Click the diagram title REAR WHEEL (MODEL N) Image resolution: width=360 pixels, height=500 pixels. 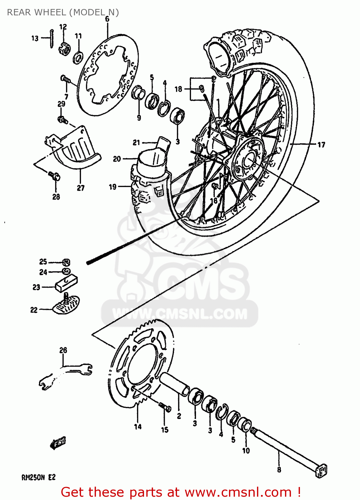pyautogui.click(x=63, y=12)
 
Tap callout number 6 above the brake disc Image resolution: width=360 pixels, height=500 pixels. pyautogui.click(x=107, y=19)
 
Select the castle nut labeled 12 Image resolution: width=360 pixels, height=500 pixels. pyautogui.click(x=65, y=49)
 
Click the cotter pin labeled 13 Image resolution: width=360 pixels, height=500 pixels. pyautogui.click(x=51, y=39)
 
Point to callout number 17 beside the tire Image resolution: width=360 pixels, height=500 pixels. pyautogui.click(x=321, y=145)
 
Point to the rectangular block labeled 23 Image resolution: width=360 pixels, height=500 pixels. pyautogui.click(x=66, y=283)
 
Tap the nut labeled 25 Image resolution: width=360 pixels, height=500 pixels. pyautogui.click(x=66, y=262)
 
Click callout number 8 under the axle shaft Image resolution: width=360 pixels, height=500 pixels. pyautogui.click(x=279, y=470)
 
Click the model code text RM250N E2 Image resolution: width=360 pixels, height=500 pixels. pyautogui.click(x=38, y=478)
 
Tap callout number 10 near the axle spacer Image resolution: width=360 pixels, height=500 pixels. pyautogui.click(x=246, y=451)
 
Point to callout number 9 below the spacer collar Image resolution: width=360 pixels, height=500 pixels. pyautogui.click(x=139, y=117)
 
